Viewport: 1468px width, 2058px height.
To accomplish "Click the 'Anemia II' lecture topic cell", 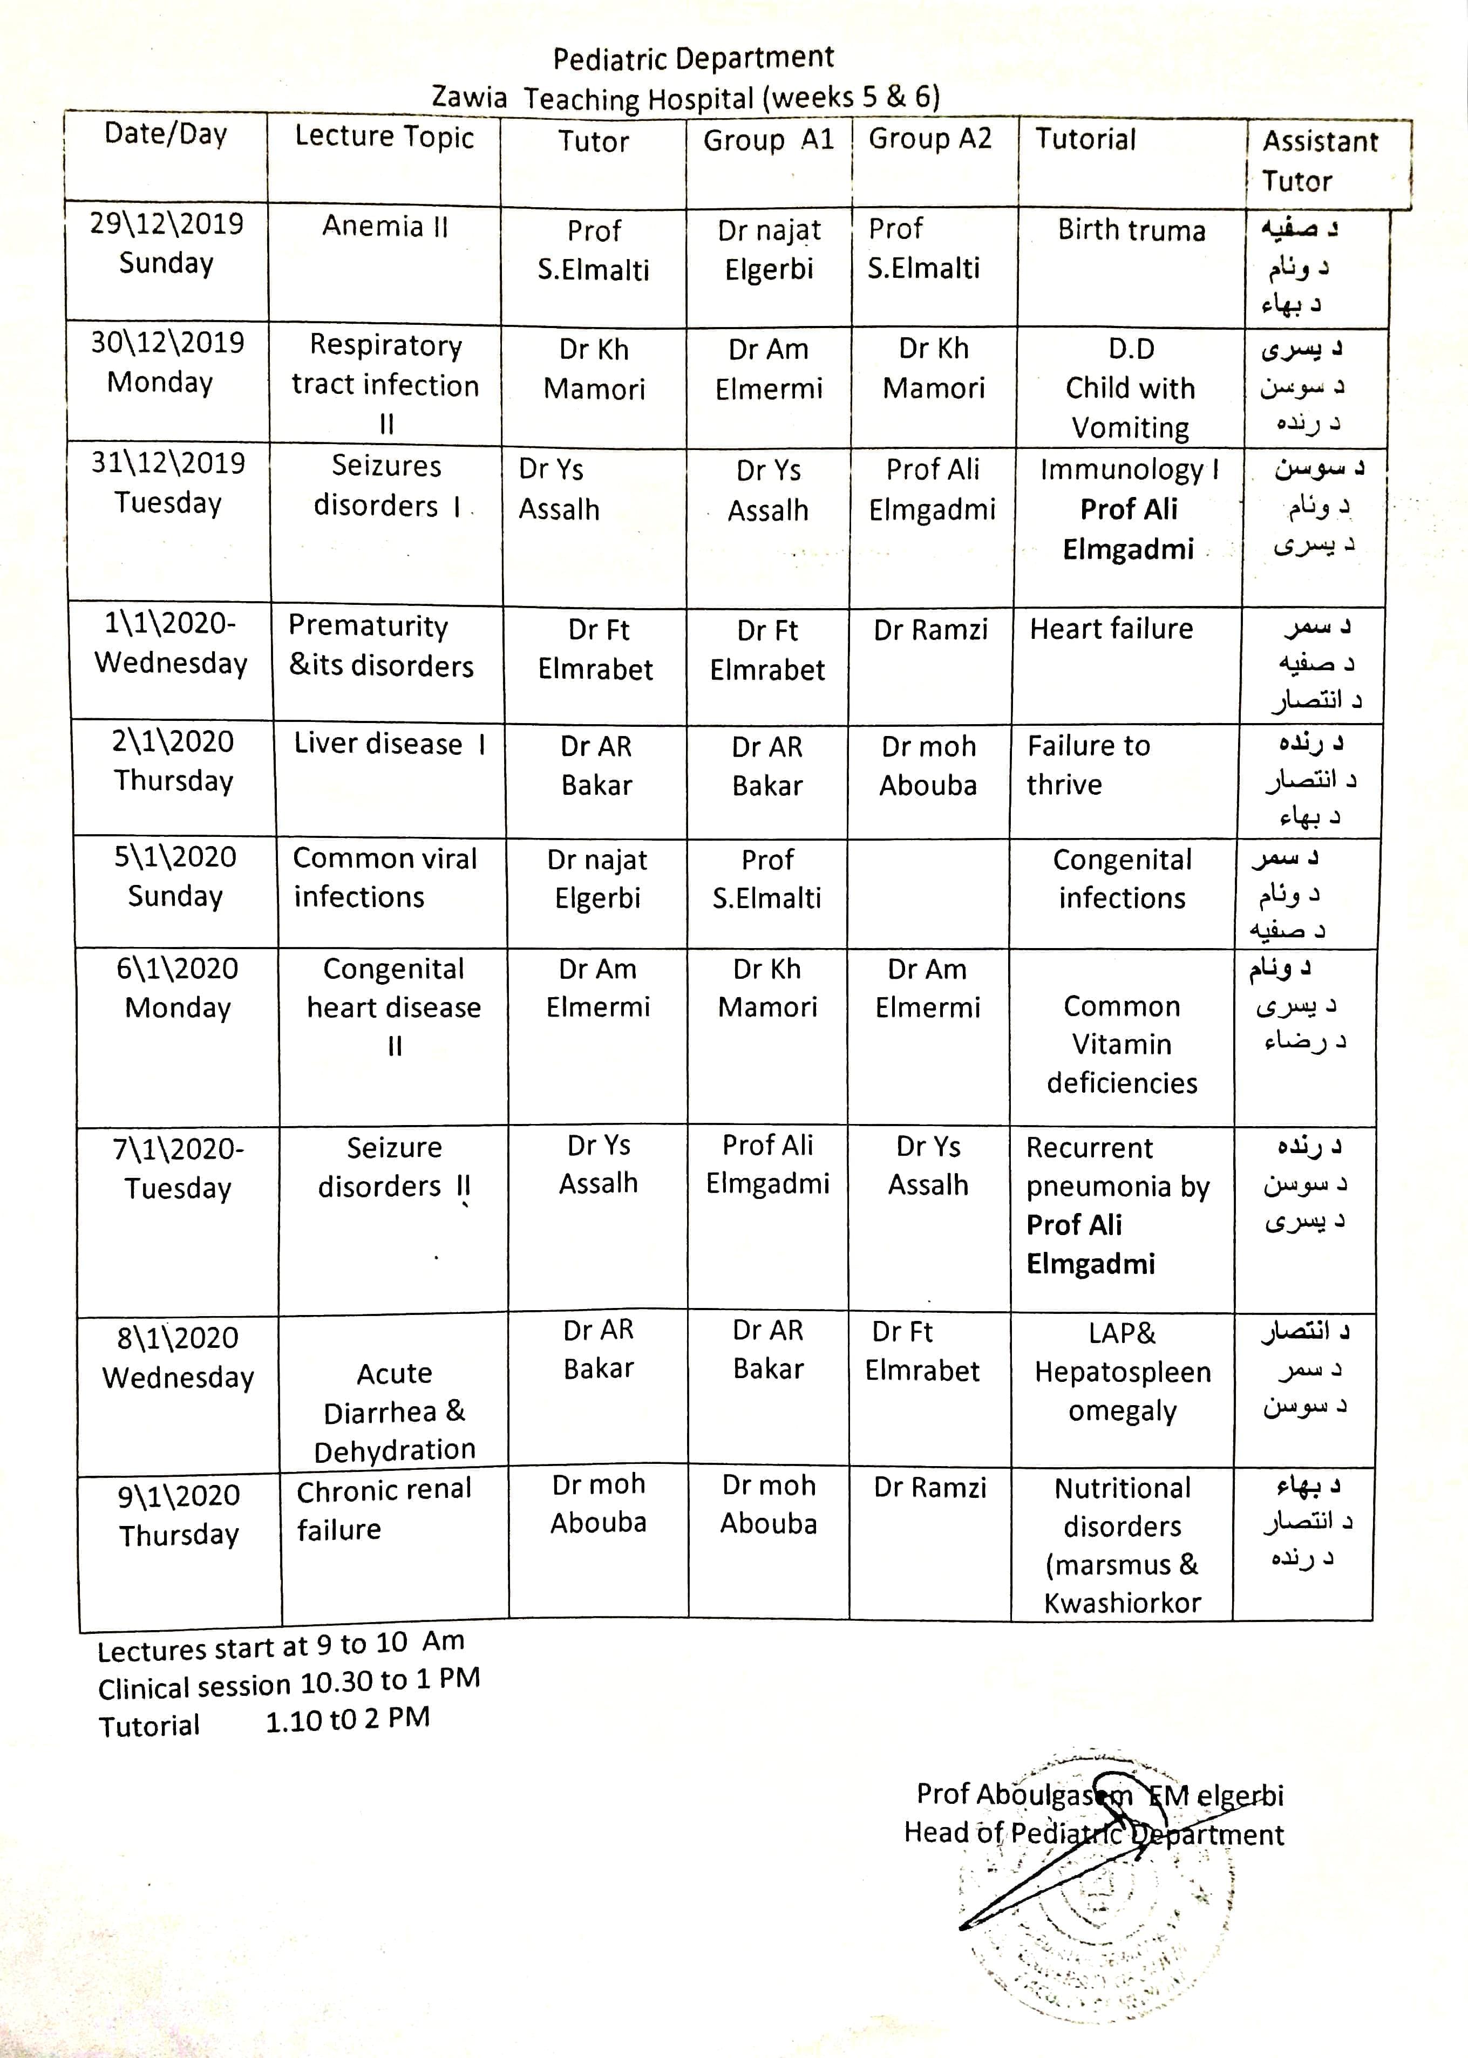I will (x=385, y=226).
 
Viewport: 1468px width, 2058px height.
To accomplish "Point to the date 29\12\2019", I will (x=166, y=224).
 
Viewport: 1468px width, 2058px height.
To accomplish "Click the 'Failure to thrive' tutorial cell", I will (x=1089, y=765).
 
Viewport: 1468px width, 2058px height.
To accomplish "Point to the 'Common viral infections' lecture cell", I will (x=384, y=877).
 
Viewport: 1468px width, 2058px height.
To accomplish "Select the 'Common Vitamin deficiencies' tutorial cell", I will (x=1122, y=1044).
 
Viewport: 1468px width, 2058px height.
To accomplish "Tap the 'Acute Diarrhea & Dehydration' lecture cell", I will (x=394, y=1412).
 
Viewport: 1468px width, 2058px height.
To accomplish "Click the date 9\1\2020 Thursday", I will (x=179, y=1515).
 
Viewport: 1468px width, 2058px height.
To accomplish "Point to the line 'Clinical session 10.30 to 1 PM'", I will (x=288, y=1685).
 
